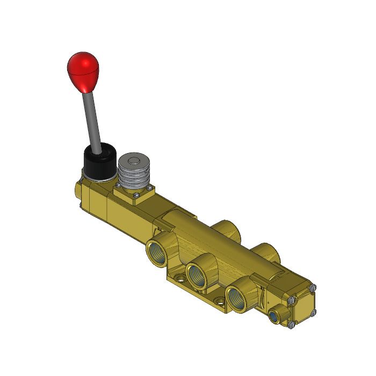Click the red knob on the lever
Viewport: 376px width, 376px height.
click(83, 70)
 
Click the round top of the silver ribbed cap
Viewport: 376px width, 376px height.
click(133, 161)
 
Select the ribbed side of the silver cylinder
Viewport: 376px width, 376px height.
click(134, 178)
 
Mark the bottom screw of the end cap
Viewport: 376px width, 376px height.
click(291, 326)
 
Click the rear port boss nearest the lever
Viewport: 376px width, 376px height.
click(226, 228)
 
